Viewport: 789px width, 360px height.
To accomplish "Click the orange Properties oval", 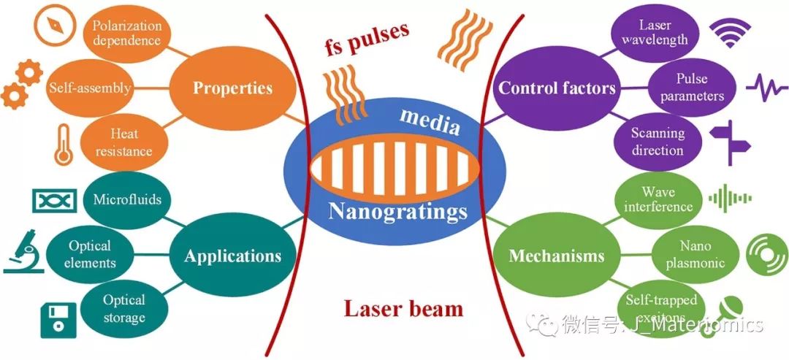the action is [232, 88].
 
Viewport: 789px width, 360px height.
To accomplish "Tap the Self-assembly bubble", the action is [90, 88].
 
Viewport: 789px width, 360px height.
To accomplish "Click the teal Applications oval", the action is [232, 256].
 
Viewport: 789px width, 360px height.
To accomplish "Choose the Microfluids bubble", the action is [127, 199].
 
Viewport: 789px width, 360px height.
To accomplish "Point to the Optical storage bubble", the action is [123, 309].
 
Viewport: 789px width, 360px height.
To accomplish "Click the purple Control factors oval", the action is [557, 89].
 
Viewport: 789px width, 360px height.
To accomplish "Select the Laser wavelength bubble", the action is [655, 32].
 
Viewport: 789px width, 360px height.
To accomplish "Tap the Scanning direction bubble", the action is [657, 142].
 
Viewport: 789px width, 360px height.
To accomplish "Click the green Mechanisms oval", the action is [557, 256].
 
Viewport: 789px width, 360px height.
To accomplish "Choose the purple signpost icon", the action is [731, 139].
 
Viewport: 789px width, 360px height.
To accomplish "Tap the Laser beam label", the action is [403, 308].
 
